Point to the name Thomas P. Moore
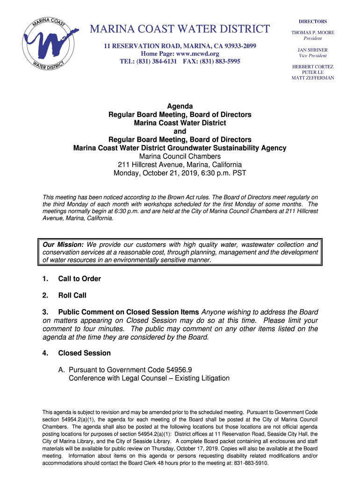point(313,32)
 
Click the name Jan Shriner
point(313,50)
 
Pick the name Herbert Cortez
point(313,66)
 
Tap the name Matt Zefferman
point(313,78)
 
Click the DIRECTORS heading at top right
point(313,22)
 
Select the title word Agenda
point(180,106)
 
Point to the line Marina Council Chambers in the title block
point(180,156)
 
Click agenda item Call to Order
point(79,279)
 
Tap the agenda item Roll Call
point(72,296)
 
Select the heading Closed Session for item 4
point(84,353)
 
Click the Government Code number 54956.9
point(176,370)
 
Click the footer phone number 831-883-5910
point(252,463)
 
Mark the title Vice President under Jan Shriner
point(313,56)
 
